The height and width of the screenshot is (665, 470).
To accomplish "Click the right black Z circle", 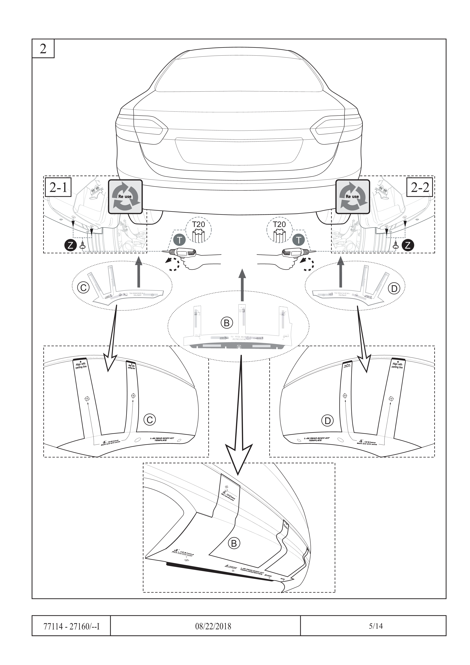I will point(408,245).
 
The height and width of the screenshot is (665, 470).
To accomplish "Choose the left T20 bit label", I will point(198,224).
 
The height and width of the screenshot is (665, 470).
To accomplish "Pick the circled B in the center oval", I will point(227,323).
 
